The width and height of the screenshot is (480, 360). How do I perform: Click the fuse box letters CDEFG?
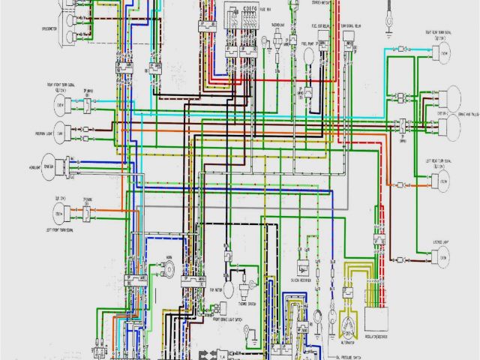pyautogui.click(x=249, y=10)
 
